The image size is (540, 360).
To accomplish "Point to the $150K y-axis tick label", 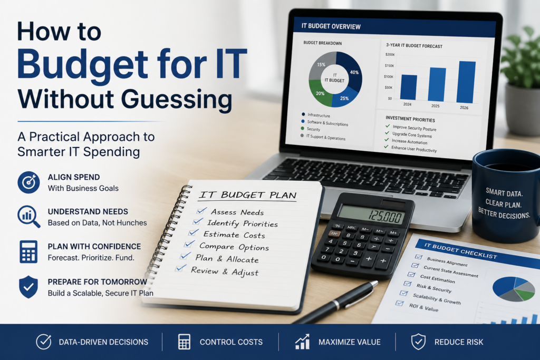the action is pyautogui.click(x=389, y=65).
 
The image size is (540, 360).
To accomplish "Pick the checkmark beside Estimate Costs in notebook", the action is pyautogui.click(x=193, y=233).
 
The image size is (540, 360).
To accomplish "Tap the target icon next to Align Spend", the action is pyautogui.click(x=28, y=182).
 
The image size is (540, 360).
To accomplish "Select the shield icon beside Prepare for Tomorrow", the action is pyautogui.click(x=28, y=287).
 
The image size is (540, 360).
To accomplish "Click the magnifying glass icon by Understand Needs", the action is pyautogui.click(x=29, y=217).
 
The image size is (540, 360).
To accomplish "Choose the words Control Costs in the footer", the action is pyautogui.click(x=231, y=342).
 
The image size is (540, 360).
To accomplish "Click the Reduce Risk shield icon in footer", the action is pyautogui.click(x=418, y=342).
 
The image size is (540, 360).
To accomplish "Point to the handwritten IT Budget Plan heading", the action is pyautogui.click(x=248, y=195).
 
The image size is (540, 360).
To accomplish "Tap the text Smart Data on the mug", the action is pyautogui.click(x=504, y=192).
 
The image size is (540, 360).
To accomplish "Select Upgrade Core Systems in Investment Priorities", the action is pyautogui.click(x=412, y=135).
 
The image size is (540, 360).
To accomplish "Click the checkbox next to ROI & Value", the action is pyautogui.click(x=400, y=303).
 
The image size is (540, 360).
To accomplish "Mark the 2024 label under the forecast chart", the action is pyautogui.click(x=407, y=104).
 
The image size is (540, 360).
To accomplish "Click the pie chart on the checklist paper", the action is pyautogui.click(x=514, y=289).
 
